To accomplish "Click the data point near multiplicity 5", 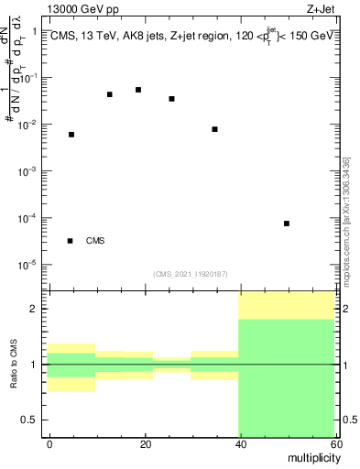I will pos(71,135).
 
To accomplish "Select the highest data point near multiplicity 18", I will pos(138,90).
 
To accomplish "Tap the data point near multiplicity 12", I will pos(110,94).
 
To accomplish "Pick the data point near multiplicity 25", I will pos(171,99).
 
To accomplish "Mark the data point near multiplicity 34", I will pos(214,129).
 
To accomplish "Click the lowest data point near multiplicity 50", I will pos(287,224).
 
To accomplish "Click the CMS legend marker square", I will pos(71,241).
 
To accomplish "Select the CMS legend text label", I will pos(95,241).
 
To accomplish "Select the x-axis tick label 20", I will pos(144,443).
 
